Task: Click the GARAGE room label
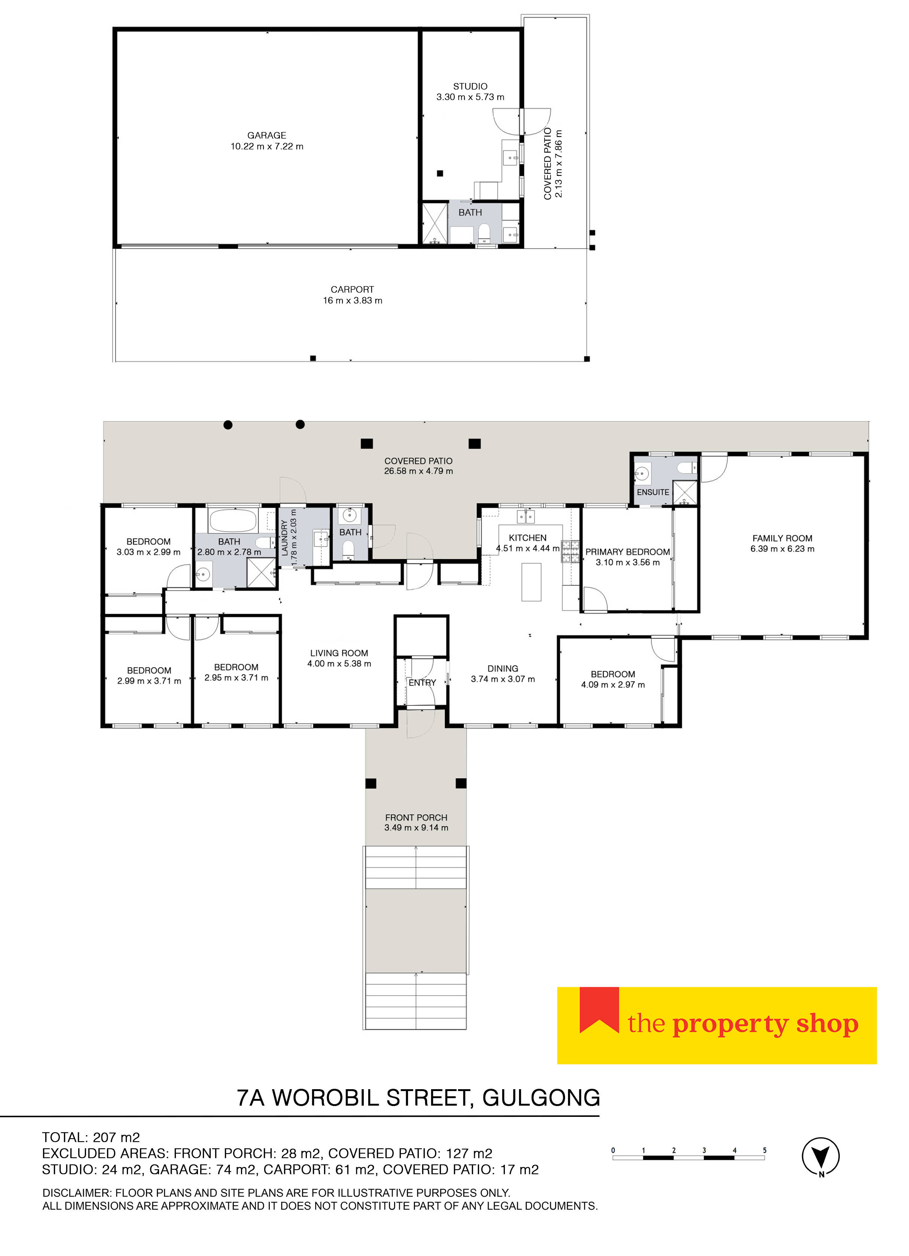(x=266, y=135)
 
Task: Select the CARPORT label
(x=352, y=290)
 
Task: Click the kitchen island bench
(x=531, y=582)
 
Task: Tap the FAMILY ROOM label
(x=782, y=538)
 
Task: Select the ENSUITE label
(x=653, y=492)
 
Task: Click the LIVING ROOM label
(x=339, y=653)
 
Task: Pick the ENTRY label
(x=422, y=683)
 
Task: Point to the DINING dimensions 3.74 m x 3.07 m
(x=503, y=680)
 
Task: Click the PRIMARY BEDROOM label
(x=627, y=552)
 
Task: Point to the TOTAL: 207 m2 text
(x=91, y=1137)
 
